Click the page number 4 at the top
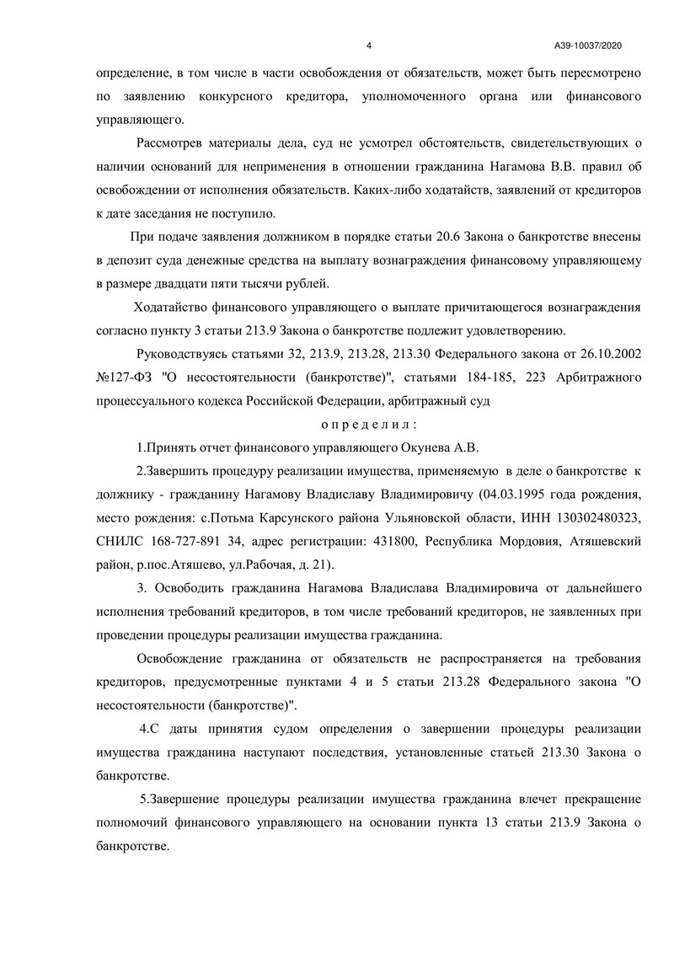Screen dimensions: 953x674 click(370, 45)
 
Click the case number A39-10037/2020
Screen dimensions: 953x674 click(588, 45)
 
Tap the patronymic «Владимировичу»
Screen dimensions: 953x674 click(406, 493)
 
